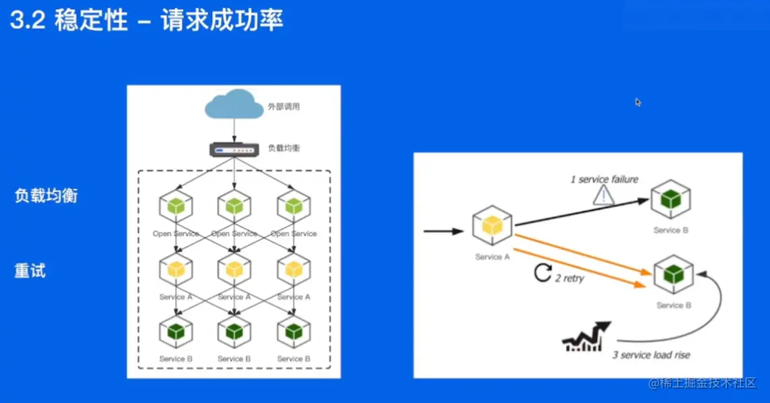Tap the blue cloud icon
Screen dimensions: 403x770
tap(234, 104)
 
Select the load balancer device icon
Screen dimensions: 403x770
tap(234, 148)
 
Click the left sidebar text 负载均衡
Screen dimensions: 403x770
tap(46, 196)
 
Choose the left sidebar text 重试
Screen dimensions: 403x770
tap(30, 272)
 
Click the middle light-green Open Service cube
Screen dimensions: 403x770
tap(234, 206)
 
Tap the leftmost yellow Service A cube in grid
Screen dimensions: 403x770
tap(176, 270)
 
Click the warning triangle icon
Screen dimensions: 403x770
tap(604, 195)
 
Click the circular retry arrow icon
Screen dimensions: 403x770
tap(542, 273)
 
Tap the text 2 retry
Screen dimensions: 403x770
tap(569, 278)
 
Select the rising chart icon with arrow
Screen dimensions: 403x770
tap(585, 337)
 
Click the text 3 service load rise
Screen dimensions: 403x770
tap(651, 355)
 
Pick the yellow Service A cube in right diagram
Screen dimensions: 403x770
tap(492, 227)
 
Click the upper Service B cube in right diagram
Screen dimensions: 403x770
tap(670, 199)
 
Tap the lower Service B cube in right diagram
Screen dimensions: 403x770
tap(674, 274)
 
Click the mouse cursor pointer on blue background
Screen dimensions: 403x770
tap(638, 102)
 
